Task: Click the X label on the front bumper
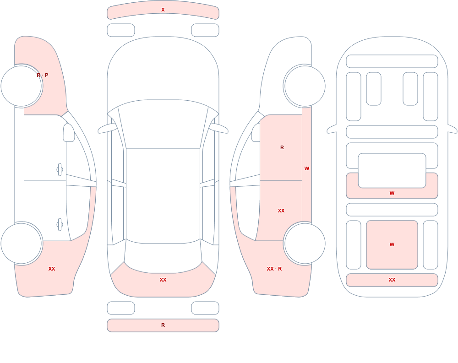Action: [x=163, y=10]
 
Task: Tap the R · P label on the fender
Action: [x=43, y=75]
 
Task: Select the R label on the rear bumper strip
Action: [x=163, y=325]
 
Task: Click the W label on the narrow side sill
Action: [x=307, y=168]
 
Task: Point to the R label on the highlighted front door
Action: [x=282, y=147]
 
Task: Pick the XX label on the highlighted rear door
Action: [x=281, y=211]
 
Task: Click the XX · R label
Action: [x=274, y=269]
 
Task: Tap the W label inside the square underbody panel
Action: [x=392, y=244]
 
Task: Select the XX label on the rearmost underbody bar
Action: [x=392, y=280]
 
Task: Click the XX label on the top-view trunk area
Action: [x=163, y=280]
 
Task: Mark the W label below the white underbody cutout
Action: [x=392, y=193]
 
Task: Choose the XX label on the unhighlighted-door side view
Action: [x=52, y=269]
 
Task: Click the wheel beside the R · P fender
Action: [x=22, y=86]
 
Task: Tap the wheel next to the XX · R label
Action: [x=305, y=243]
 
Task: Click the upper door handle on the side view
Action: [x=60, y=169]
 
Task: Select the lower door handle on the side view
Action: [x=60, y=225]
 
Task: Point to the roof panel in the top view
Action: [x=163, y=195]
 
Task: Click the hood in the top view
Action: [x=163, y=70]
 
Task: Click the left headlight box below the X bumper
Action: [x=121, y=30]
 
